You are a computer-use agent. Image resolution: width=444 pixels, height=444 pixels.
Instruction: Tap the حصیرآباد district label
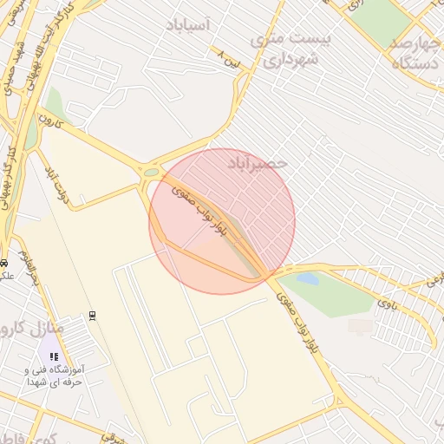click(257, 162)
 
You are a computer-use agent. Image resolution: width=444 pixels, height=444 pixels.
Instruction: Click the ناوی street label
click(387, 302)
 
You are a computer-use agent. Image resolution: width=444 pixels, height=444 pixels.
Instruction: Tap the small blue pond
click(308, 279)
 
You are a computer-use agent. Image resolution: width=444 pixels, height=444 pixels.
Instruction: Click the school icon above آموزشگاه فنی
click(54, 356)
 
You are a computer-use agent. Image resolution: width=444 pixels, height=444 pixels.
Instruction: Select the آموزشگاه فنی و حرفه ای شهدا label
click(54, 375)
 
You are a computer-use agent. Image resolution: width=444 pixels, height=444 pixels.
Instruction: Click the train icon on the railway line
click(93, 315)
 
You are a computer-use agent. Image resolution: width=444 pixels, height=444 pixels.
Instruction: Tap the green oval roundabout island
click(152, 172)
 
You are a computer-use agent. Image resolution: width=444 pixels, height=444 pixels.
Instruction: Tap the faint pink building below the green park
click(360, 326)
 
